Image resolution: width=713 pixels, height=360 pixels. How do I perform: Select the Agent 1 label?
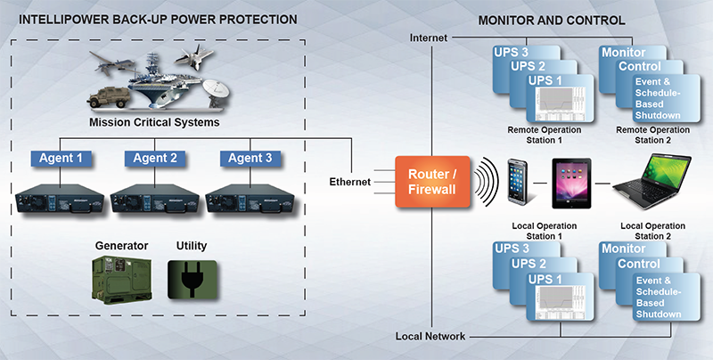tap(61, 158)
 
